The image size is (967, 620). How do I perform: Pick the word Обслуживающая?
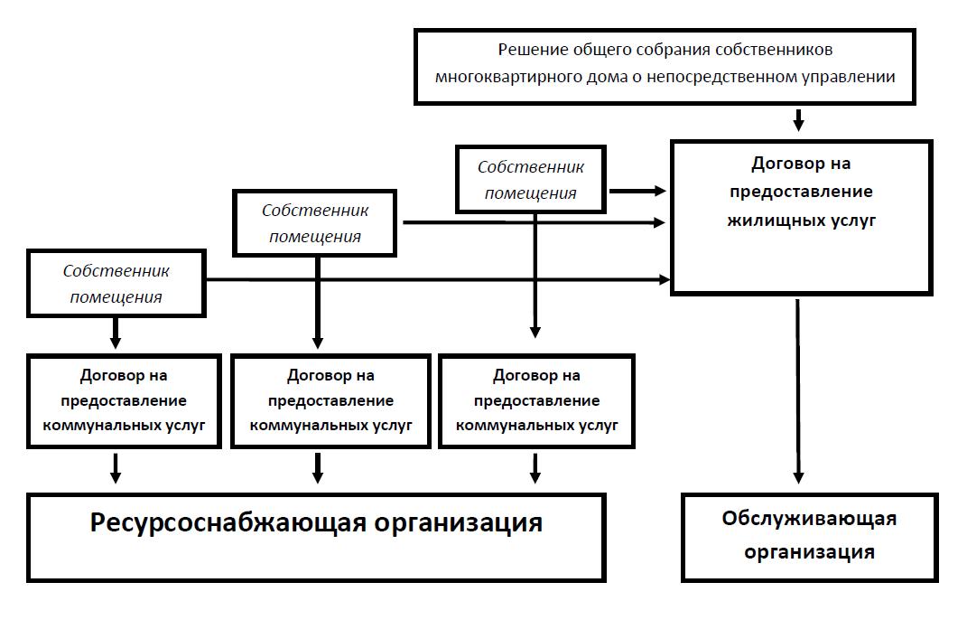[809, 519]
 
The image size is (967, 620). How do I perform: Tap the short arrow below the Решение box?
[798, 119]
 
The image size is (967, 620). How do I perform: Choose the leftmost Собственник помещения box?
[118, 283]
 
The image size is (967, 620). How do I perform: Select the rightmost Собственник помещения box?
[531, 179]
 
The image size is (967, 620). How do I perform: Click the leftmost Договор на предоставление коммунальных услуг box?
[124, 399]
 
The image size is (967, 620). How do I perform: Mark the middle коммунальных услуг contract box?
[330, 399]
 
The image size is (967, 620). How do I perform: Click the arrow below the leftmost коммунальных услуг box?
[116, 467]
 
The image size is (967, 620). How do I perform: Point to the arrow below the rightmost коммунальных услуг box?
[535, 467]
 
